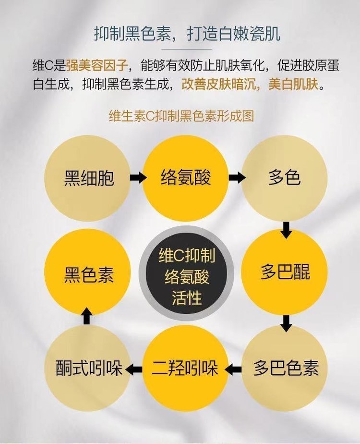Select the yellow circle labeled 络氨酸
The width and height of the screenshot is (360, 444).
(x=186, y=178)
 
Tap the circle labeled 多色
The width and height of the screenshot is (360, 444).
(x=284, y=178)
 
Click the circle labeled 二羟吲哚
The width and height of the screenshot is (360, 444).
(x=186, y=369)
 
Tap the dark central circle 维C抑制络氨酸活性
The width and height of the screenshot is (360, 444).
(x=186, y=274)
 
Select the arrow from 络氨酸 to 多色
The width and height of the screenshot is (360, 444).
(x=235, y=178)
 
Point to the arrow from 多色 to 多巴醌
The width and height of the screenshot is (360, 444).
(x=287, y=230)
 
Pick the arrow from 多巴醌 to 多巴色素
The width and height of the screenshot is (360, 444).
(x=287, y=323)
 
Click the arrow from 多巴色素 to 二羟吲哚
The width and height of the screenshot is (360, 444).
(x=234, y=369)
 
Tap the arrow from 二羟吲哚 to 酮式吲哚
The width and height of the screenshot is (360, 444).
(x=134, y=369)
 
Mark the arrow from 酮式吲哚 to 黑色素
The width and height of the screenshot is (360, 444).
(x=86, y=316)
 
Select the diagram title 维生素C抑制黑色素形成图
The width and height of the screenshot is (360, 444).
(x=181, y=117)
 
